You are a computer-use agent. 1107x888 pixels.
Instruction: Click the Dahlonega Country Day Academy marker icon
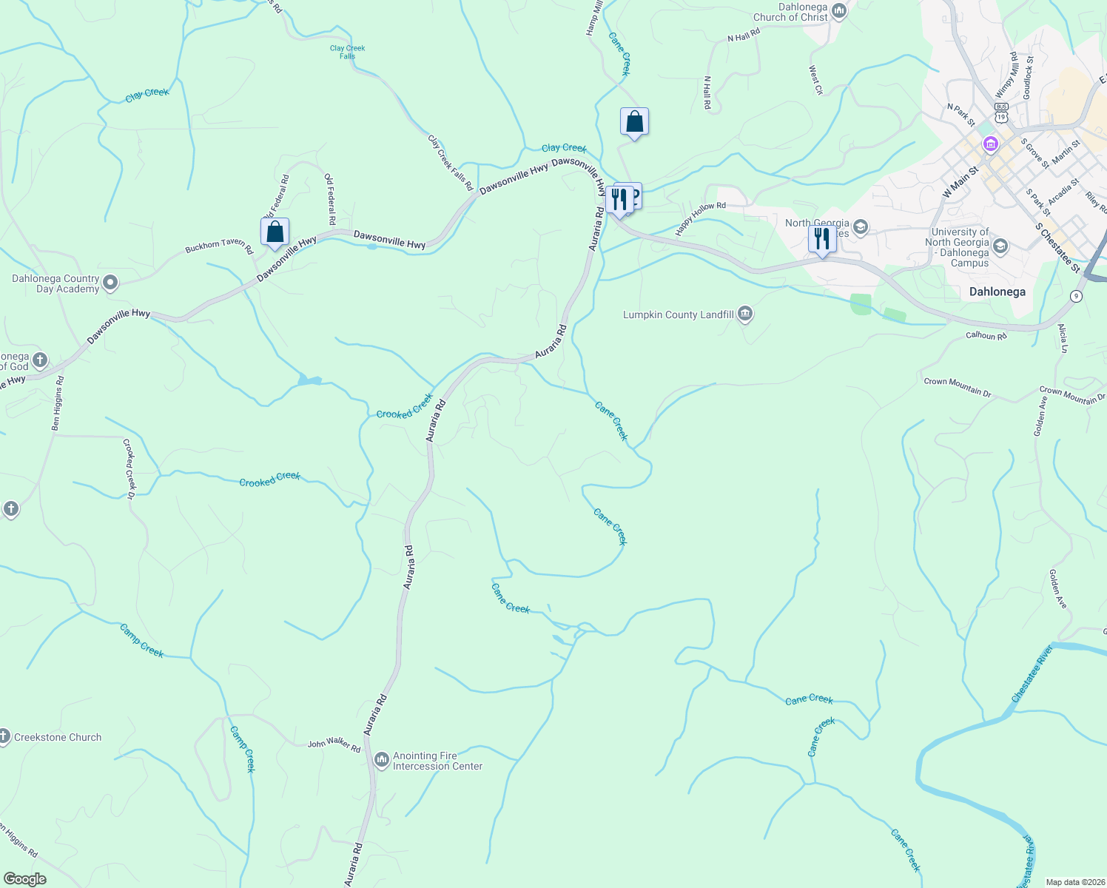pyautogui.click(x=110, y=282)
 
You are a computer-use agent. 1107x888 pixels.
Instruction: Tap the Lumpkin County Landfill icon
pyautogui.click(x=745, y=314)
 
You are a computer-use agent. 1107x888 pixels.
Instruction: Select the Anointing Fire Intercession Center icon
pyautogui.click(x=382, y=760)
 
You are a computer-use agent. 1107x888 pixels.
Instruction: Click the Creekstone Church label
pyautogui.click(x=58, y=737)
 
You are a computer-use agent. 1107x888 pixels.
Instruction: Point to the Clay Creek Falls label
pyautogui.click(x=347, y=52)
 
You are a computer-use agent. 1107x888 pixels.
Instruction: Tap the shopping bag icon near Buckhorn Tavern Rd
pyautogui.click(x=275, y=232)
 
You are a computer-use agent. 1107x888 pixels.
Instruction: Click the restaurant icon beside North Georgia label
pyautogui.click(x=821, y=239)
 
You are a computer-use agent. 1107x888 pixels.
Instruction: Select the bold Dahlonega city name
pyautogui.click(x=997, y=292)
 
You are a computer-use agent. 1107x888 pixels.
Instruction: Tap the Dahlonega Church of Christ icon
pyautogui.click(x=839, y=10)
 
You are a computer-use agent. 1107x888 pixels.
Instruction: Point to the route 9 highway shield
pyautogui.click(x=1077, y=296)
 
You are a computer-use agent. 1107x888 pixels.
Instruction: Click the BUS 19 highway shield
pyautogui.click(x=1001, y=116)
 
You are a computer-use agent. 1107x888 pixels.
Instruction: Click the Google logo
pyautogui.click(x=24, y=878)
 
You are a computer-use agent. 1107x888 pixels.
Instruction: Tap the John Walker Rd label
pyautogui.click(x=334, y=744)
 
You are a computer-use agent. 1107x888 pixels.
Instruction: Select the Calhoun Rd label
pyautogui.click(x=986, y=336)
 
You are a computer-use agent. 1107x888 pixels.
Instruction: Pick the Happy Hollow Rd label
pyautogui.click(x=700, y=218)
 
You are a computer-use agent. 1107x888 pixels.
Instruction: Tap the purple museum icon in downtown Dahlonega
pyautogui.click(x=990, y=144)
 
